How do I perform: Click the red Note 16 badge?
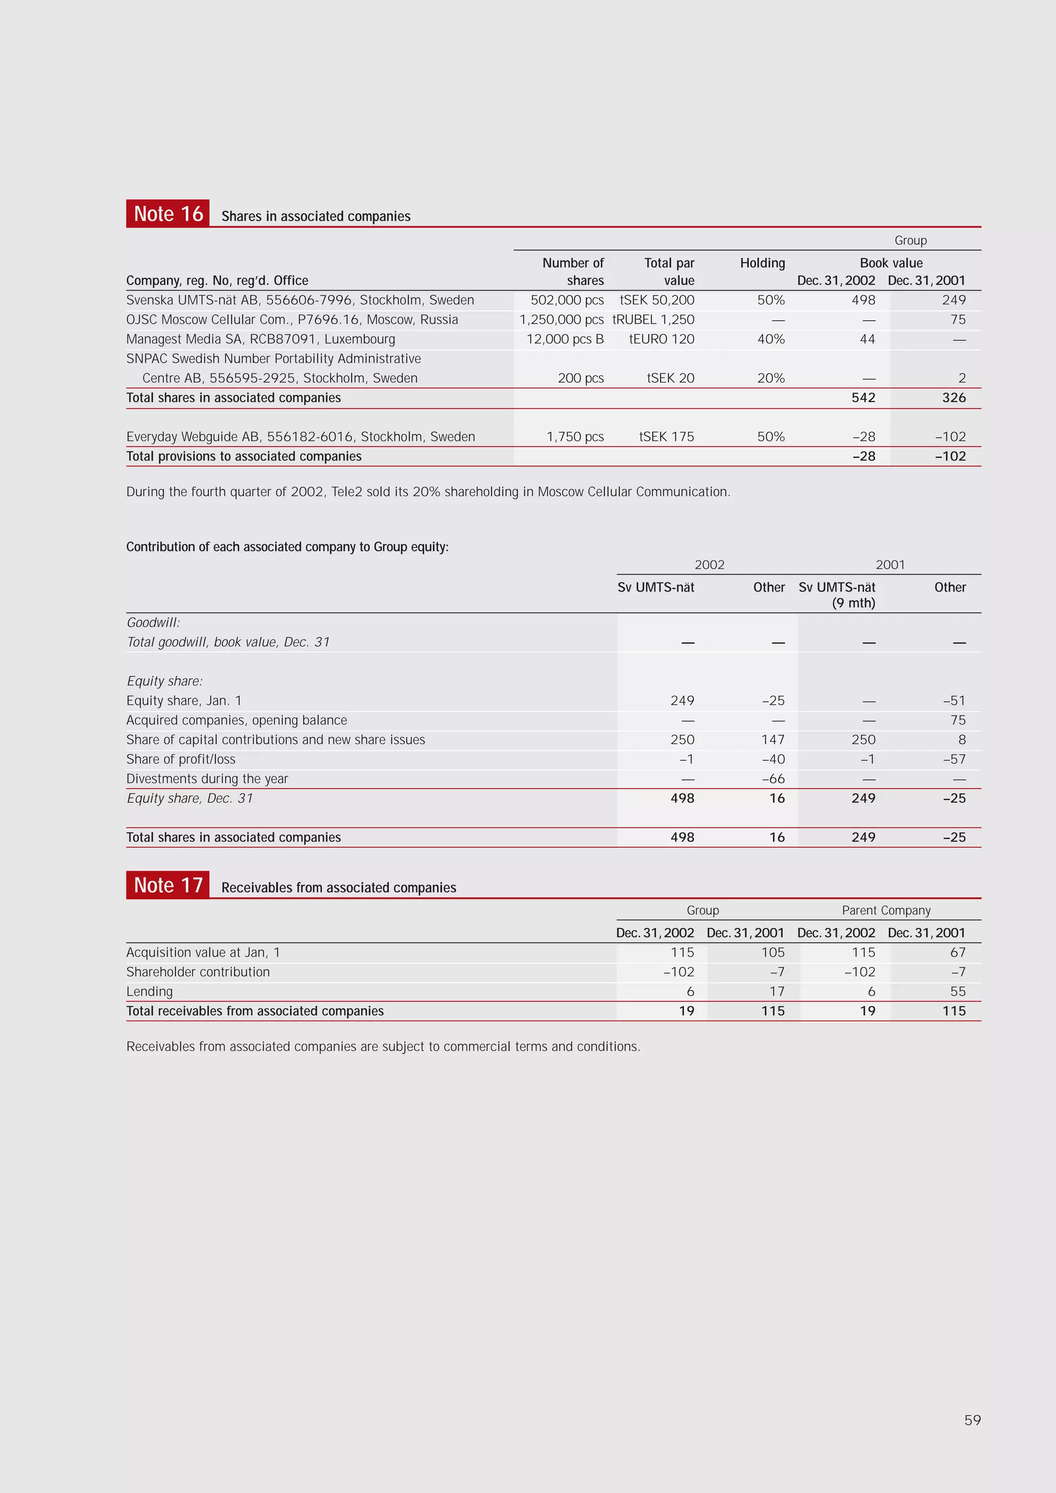coord(168,214)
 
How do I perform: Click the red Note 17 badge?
coord(168,885)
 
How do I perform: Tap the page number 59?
coord(972,1420)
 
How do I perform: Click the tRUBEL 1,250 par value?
coord(653,319)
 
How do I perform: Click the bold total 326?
coord(953,397)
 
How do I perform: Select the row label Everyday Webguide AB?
coord(301,436)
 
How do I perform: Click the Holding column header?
coord(762,262)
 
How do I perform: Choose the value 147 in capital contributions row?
coord(772,740)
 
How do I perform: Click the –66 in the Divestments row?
coord(772,778)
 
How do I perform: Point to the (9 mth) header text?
coord(853,603)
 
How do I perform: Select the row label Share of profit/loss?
coord(181,759)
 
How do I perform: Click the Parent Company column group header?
coord(886,910)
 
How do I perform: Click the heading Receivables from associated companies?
coord(338,888)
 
